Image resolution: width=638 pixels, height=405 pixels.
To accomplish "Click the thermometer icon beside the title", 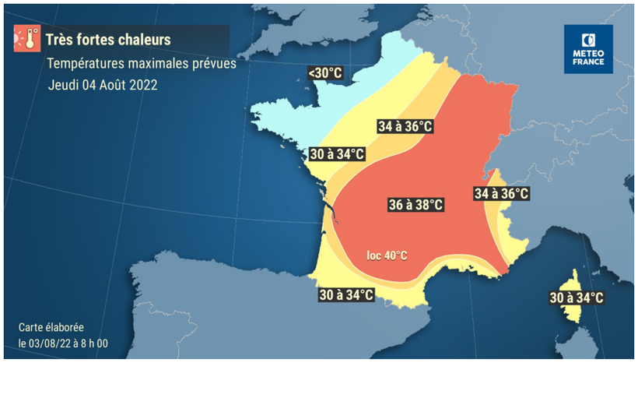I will [27, 38].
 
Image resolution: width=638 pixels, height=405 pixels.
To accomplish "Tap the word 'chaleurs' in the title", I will [142, 39].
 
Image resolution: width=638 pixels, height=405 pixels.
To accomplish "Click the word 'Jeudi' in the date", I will [63, 85].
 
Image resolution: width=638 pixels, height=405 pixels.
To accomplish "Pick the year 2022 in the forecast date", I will [142, 85].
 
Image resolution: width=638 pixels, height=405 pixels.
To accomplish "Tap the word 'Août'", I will [110, 85].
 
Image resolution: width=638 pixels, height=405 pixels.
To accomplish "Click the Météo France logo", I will [588, 49].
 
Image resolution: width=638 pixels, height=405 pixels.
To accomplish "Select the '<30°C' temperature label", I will [324, 73].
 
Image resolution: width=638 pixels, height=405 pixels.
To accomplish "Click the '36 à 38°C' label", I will [416, 205].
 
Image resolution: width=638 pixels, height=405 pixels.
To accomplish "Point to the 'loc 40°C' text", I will [387, 255].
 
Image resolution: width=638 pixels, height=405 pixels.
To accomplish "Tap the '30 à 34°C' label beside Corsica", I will [577, 298].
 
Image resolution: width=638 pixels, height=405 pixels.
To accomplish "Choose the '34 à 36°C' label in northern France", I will [405, 126].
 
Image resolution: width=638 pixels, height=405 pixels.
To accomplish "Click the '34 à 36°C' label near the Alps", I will [502, 193].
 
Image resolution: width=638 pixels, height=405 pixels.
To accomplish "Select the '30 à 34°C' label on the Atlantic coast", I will [337, 153].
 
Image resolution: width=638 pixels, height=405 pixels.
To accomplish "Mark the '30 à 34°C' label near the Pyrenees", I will [346, 294].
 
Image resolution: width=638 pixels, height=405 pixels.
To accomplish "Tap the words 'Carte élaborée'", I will [51, 328].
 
